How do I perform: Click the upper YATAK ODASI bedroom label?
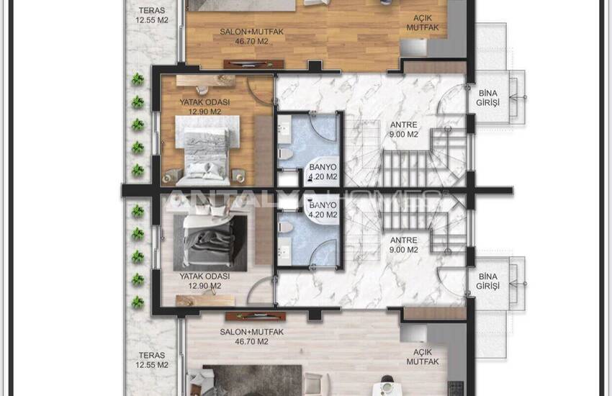click(205, 107)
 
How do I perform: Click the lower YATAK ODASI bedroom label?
click(205, 281)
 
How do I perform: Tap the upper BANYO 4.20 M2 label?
click(323, 171)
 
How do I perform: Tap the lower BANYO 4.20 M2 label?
click(323, 210)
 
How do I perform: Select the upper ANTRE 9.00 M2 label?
click(404, 130)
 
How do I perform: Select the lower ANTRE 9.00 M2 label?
click(404, 245)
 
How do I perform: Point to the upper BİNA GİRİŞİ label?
click(488, 98)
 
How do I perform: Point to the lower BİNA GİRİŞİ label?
click(488, 281)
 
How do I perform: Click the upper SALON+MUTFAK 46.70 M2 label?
click(251, 36)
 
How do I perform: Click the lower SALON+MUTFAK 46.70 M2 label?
click(251, 337)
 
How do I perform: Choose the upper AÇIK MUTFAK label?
click(423, 22)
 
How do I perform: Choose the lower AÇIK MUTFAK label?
click(423, 357)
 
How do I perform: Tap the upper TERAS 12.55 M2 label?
click(152, 15)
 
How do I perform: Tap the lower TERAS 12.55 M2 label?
click(152, 360)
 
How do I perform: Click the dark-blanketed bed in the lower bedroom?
click(211, 239)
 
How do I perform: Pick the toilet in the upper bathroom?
click(286, 153)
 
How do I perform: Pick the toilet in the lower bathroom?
click(286, 227)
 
